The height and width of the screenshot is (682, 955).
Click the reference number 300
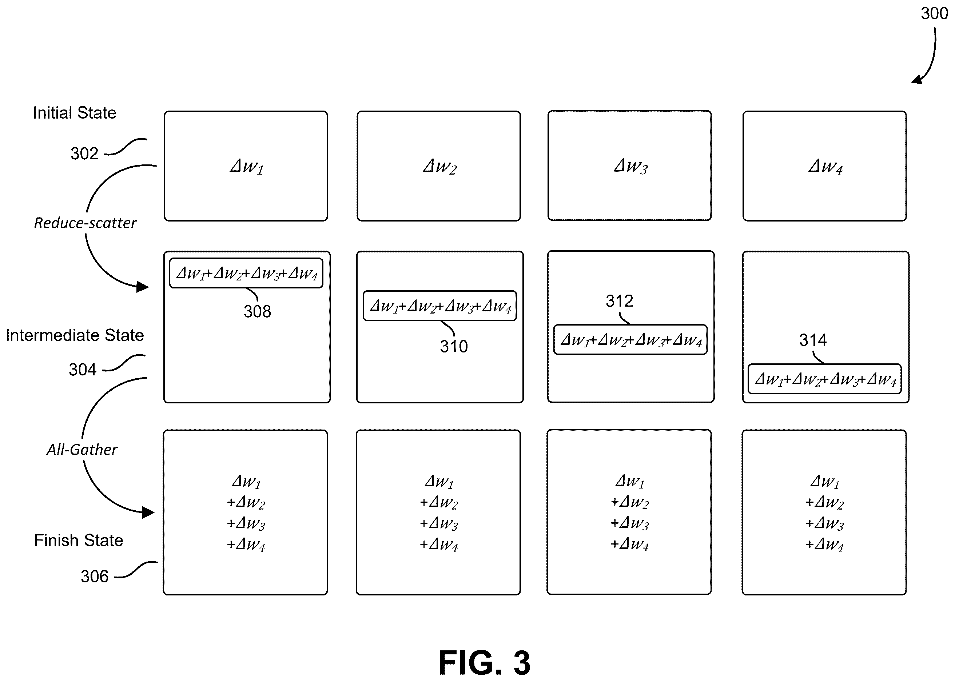coord(934,13)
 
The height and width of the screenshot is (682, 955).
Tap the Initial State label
coord(75,113)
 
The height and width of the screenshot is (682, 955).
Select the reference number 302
coord(84,154)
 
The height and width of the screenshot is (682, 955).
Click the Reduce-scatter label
coord(85,223)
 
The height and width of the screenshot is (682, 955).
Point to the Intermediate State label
coord(75,335)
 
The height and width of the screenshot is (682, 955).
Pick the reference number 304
coord(83,370)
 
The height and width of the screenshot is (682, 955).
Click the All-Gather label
coord(82,450)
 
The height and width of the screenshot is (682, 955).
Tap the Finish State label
coord(79,541)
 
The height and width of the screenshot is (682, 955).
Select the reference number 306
coord(95,577)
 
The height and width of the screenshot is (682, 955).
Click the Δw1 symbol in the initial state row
coord(247,167)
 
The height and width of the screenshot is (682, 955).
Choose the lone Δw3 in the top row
coord(630,166)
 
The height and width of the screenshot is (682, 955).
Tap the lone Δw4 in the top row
coord(825,167)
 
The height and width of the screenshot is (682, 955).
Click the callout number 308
coord(258,312)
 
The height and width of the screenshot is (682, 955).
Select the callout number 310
coord(454,347)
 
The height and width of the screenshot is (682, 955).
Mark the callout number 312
coord(620,301)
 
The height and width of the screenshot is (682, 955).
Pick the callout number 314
coord(813,340)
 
